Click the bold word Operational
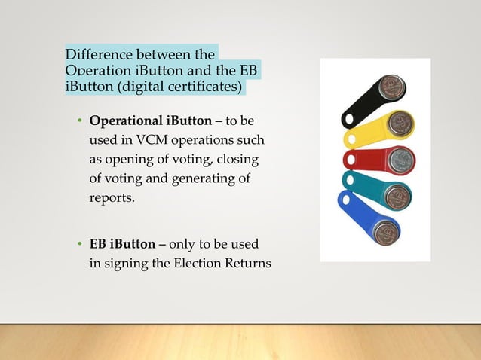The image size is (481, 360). click(x=124, y=121)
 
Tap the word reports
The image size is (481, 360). click(x=111, y=199)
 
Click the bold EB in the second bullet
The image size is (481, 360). click(x=98, y=245)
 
